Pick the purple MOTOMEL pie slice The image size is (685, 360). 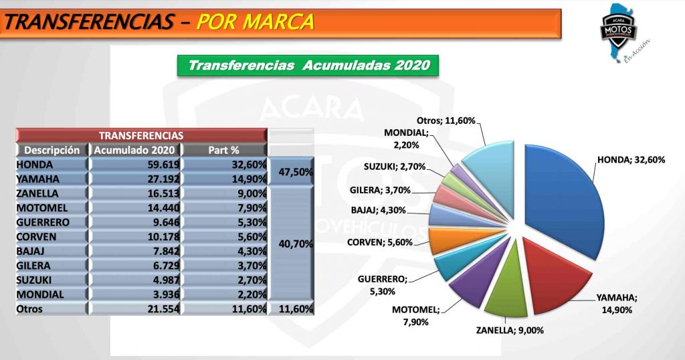click(x=472, y=284)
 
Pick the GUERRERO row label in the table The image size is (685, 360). click(x=44, y=222)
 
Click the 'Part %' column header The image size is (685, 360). click(x=224, y=150)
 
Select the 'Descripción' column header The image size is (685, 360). click(x=52, y=150)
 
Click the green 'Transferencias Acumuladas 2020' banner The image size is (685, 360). click(x=308, y=66)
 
